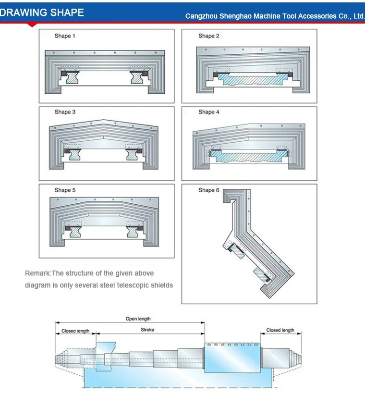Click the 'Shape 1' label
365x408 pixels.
point(65,36)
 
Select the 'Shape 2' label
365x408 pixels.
point(209,36)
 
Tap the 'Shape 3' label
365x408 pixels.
point(65,112)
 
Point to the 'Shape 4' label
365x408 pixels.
point(209,112)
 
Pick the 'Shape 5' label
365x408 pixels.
point(65,190)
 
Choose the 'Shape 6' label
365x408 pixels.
point(209,190)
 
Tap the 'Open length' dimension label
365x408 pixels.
point(138,319)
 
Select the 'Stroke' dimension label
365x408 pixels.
point(147,330)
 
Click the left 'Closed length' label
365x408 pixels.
point(75,331)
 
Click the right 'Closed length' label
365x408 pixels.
point(280,330)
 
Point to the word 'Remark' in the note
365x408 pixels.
point(37,273)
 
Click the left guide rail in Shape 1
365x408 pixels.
point(73,78)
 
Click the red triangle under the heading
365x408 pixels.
point(32,25)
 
